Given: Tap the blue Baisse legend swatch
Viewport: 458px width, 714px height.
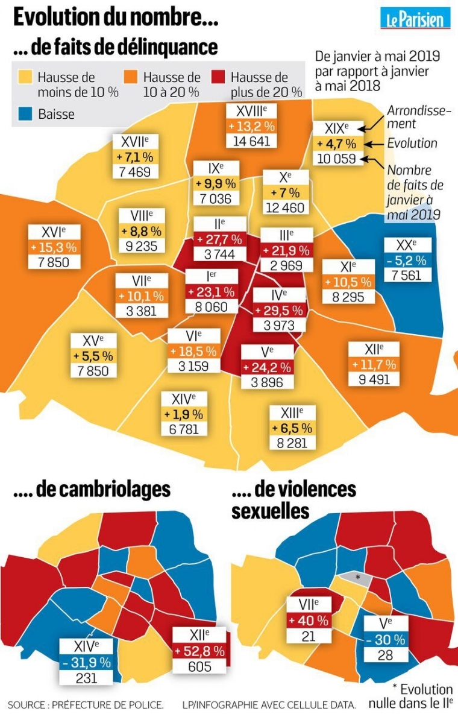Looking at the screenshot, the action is click(x=25, y=114).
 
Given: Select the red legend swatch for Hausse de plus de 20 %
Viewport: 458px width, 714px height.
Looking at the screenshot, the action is click(x=219, y=77).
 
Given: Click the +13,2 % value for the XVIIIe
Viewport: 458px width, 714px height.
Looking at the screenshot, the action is click(x=251, y=126).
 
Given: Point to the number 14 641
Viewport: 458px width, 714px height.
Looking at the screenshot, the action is click(x=251, y=141).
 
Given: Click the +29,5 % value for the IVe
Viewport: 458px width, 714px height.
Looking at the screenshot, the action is click(x=279, y=311).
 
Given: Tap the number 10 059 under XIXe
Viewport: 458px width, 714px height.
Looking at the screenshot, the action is click(x=337, y=159).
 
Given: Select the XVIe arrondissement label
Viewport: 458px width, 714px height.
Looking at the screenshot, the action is click(x=53, y=232).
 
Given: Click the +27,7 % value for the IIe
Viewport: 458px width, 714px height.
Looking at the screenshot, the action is click(x=219, y=239).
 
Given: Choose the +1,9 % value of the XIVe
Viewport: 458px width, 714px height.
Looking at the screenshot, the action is click(x=184, y=414).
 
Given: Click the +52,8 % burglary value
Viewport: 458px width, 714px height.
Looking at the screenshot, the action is click(x=199, y=651).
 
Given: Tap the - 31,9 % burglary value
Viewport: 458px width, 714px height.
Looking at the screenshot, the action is click(x=87, y=662).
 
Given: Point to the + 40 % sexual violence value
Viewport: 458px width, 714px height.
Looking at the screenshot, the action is click(x=308, y=620).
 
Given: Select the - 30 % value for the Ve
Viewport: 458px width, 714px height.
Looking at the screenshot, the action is click(x=385, y=639).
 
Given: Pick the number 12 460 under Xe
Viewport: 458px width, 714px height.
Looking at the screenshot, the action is click(x=286, y=207).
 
